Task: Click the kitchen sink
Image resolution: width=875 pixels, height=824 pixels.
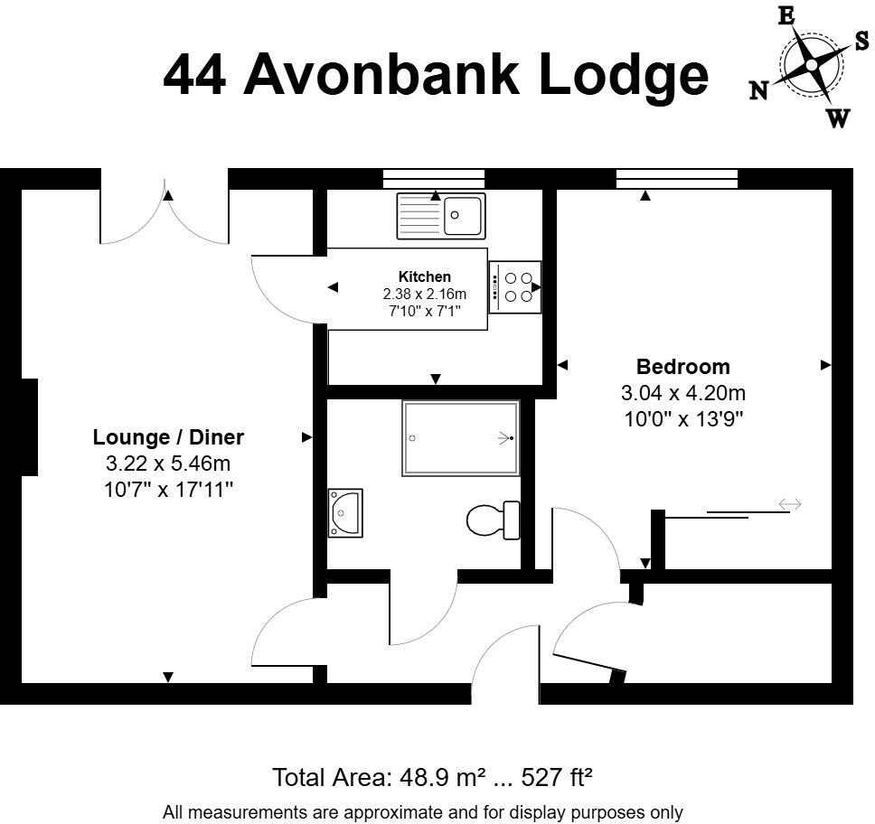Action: click(x=440, y=215)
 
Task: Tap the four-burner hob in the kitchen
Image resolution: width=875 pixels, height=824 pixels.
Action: click(x=515, y=287)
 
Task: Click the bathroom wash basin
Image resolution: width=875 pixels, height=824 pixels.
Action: click(x=344, y=513)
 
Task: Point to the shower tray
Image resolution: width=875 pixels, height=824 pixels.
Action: click(x=461, y=438)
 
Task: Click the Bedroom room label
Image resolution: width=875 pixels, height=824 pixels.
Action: click(x=682, y=367)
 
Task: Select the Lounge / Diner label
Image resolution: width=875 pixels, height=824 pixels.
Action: click(x=168, y=438)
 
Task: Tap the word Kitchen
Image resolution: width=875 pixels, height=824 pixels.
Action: click(x=424, y=276)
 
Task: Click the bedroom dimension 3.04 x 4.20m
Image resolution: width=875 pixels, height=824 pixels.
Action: click(x=682, y=393)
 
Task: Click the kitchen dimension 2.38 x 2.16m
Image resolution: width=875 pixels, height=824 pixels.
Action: click(x=424, y=294)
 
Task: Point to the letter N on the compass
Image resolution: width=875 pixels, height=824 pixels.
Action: click(x=758, y=89)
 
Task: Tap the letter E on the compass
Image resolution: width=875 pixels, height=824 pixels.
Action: click(x=786, y=15)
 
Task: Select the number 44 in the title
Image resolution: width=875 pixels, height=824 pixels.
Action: click(x=195, y=74)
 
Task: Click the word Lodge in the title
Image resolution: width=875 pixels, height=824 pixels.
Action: click(x=623, y=76)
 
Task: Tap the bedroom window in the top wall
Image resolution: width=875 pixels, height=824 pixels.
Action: click(x=676, y=177)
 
